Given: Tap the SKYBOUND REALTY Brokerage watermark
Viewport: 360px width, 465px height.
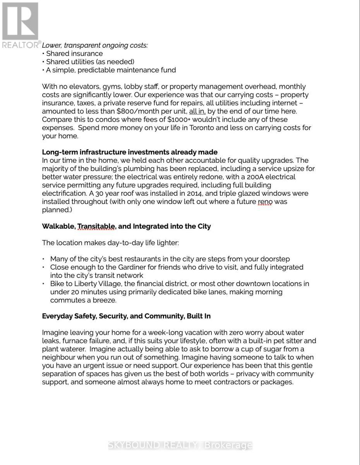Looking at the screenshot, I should (180, 446).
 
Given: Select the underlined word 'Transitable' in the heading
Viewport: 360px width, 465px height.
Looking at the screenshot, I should (96, 226).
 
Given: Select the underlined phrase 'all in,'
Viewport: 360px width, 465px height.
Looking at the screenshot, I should (197, 111).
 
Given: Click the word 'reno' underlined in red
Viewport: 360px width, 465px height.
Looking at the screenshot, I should (265, 201).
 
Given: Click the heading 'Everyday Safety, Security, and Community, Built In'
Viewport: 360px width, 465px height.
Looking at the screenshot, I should (126, 316).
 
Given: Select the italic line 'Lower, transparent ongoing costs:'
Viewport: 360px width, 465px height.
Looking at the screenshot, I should (95, 45).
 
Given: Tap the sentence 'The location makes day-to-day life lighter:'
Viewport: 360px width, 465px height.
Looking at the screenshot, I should (110, 243).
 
